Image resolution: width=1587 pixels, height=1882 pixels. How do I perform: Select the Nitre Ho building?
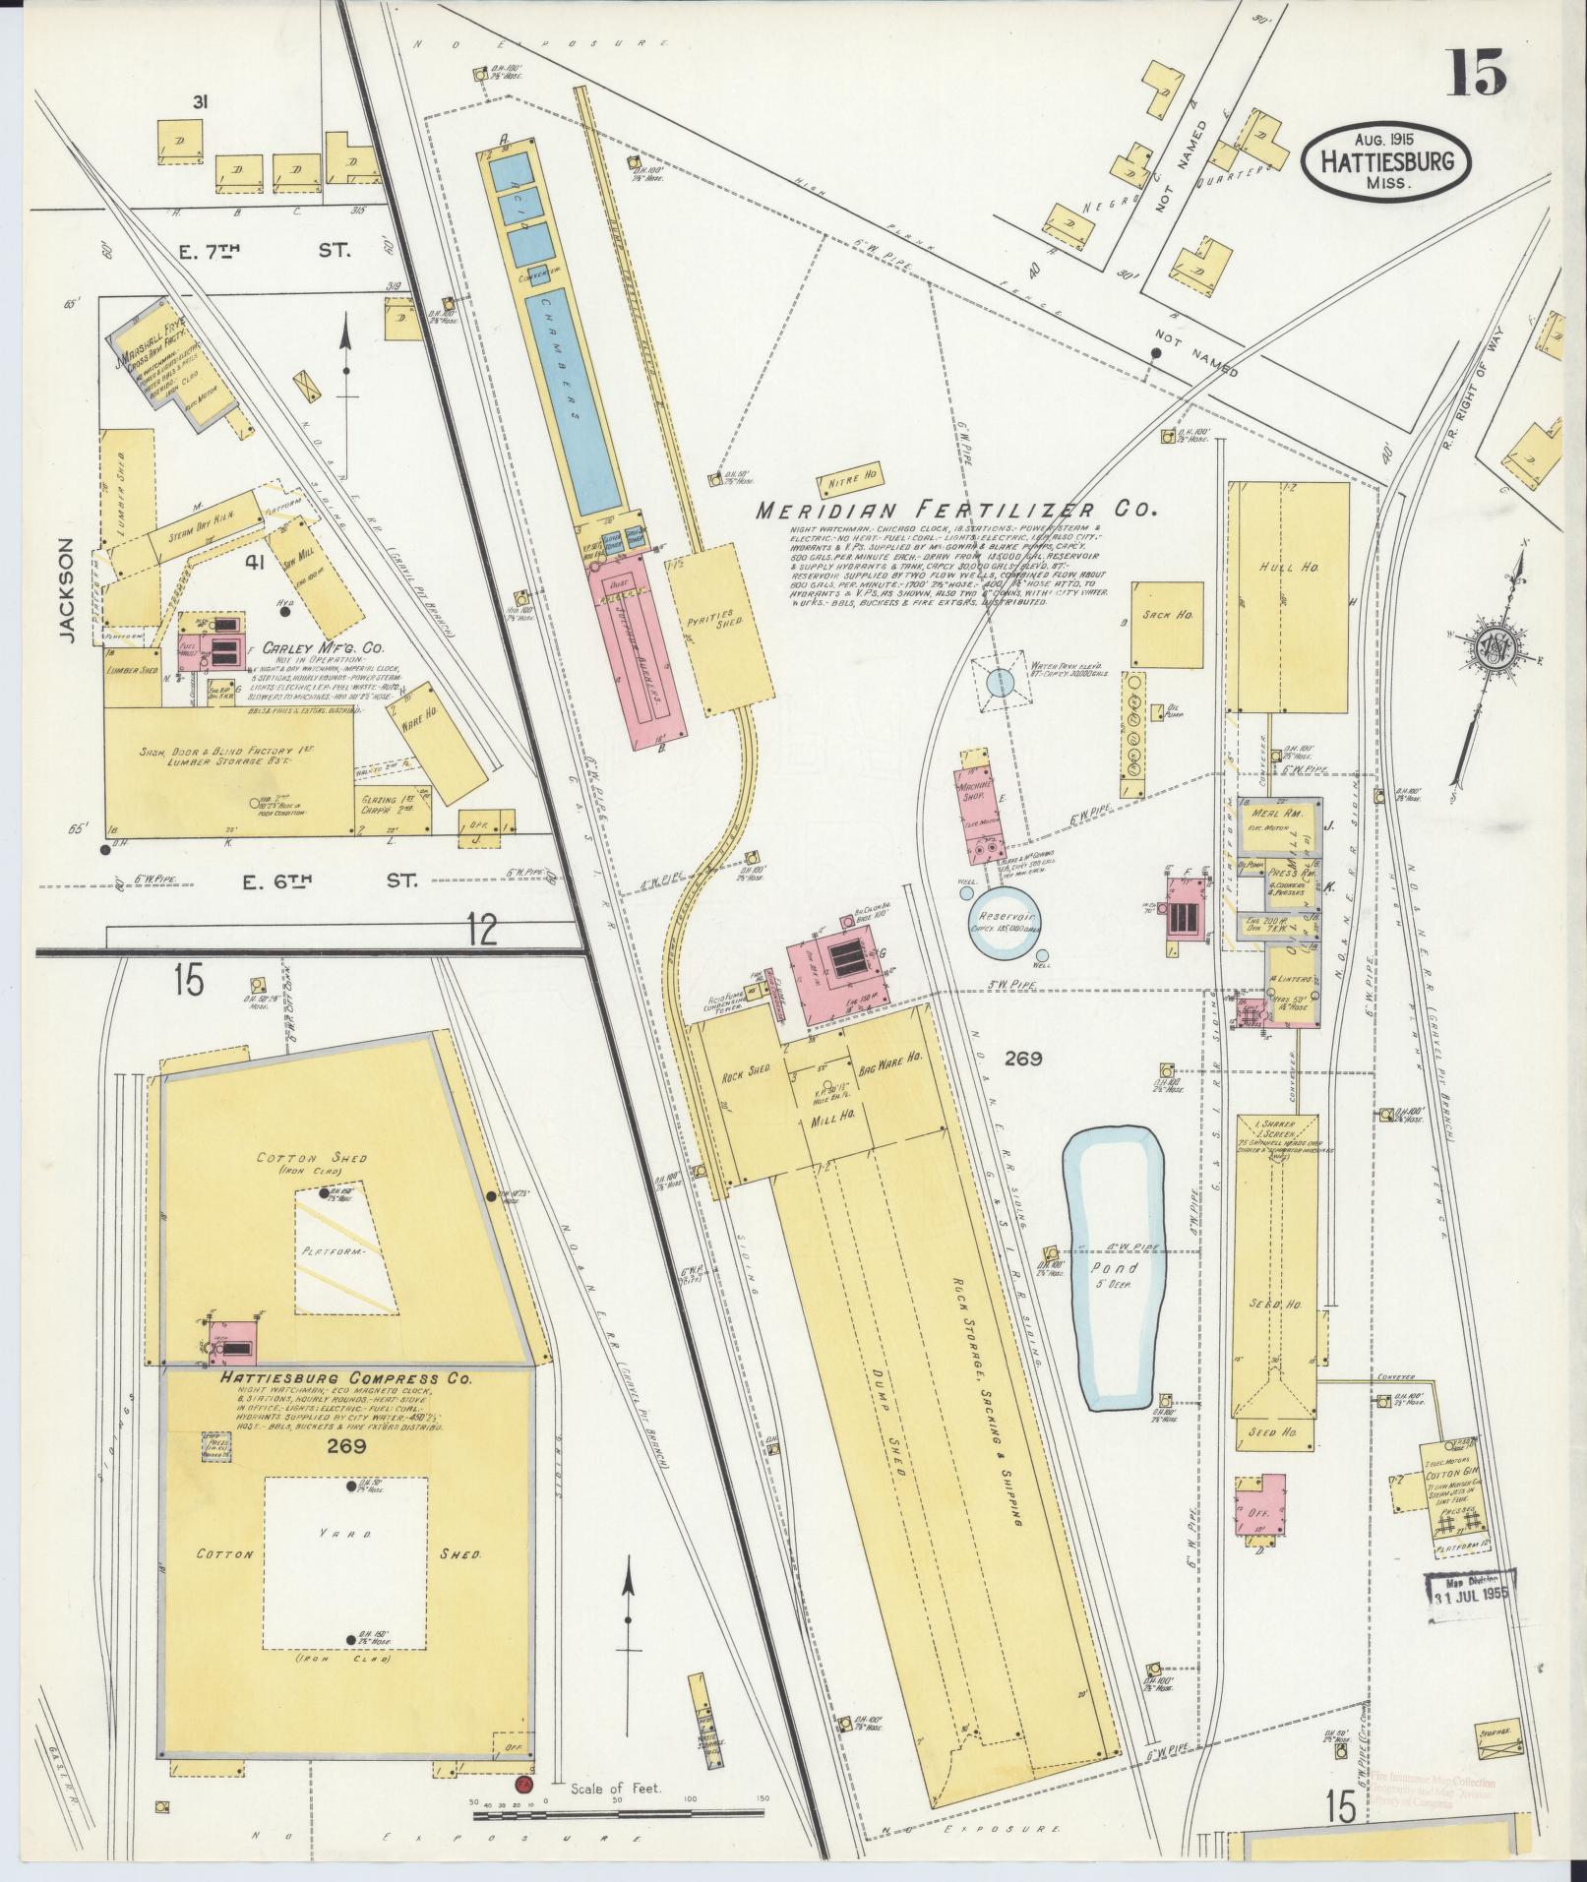click(851, 481)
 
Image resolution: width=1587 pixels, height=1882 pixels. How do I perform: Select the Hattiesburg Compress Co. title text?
click(335, 1379)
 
